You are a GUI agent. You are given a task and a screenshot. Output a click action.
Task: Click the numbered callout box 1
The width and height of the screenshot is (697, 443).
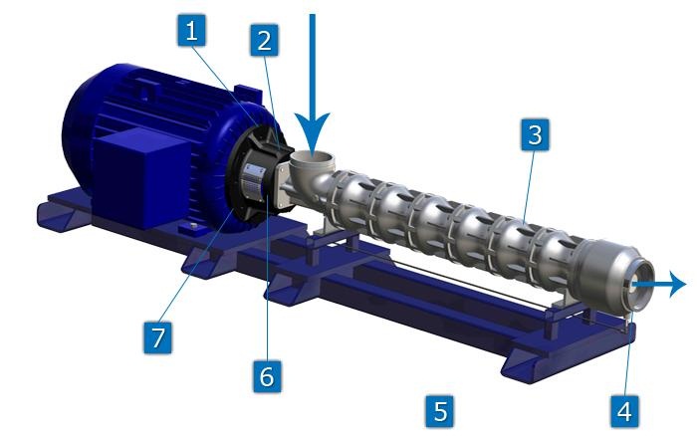[x=191, y=30]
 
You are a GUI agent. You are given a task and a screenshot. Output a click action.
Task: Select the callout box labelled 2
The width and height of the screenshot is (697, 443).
[x=265, y=41]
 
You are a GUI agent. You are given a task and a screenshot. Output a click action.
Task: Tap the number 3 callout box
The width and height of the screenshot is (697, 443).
[x=536, y=134]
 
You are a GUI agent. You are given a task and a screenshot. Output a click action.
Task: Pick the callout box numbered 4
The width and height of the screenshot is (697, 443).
[x=625, y=411]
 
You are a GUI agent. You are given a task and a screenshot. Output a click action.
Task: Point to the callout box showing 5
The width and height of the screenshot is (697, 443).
[x=440, y=411]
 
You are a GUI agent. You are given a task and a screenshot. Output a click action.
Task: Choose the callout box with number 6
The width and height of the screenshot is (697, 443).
[x=267, y=376]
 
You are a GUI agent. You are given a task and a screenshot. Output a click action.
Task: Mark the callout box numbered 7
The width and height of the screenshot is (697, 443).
[x=157, y=337]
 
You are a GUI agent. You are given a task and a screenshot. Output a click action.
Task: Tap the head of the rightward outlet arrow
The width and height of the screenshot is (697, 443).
[x=678, y=284]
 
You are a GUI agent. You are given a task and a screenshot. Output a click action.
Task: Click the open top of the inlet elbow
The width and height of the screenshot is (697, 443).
[x=312, y=157]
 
